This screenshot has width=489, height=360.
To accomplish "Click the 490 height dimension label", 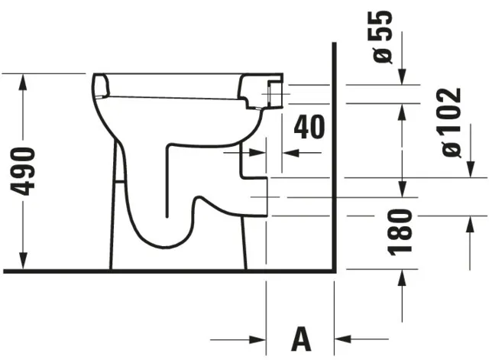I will [27, 170].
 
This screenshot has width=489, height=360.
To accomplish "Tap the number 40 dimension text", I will [309, 127].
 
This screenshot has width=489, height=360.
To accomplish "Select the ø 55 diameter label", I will [382, 36].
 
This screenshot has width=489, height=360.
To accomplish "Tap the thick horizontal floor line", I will [168, 271].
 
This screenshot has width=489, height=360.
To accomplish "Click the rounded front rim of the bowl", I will [99, 86].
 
